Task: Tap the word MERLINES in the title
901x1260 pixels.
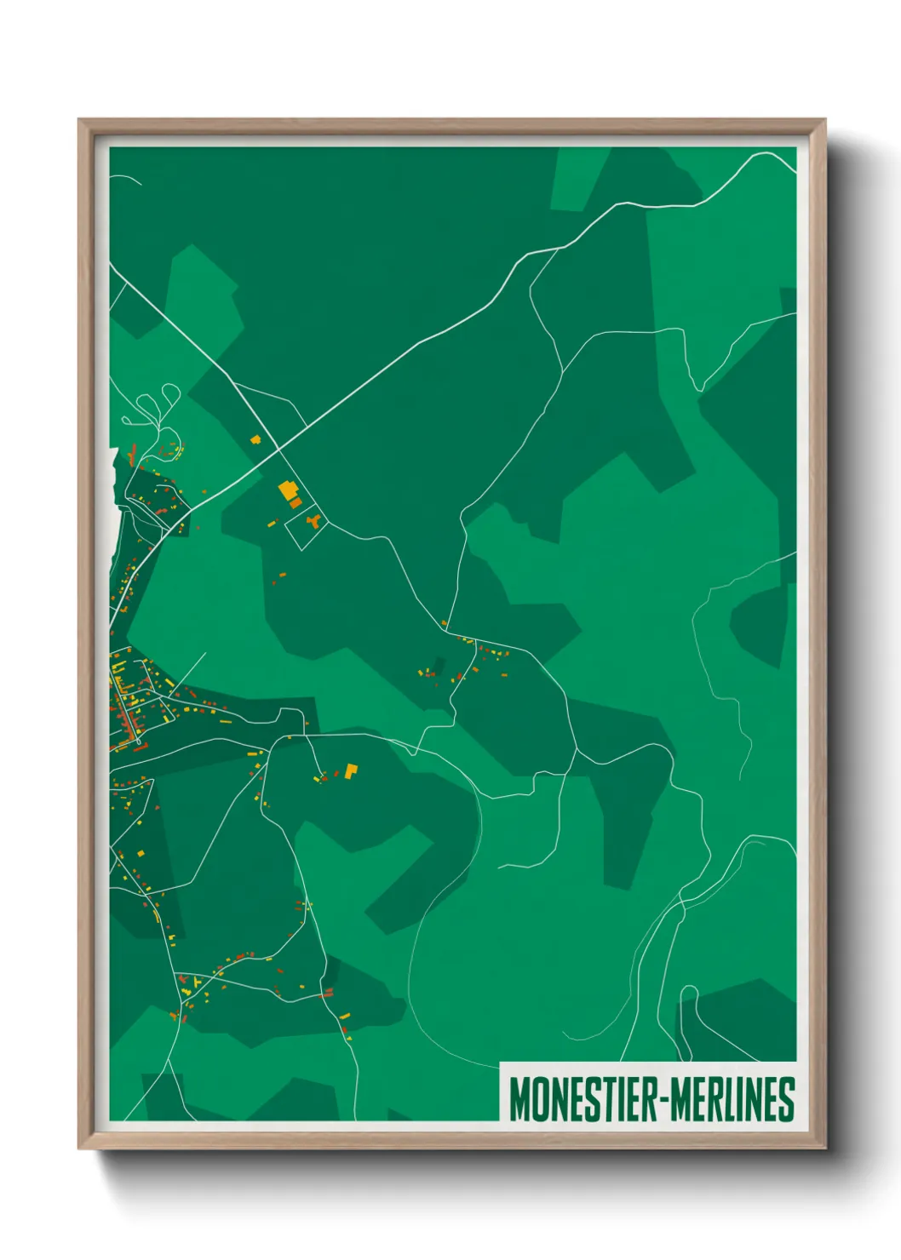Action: point(733,1099)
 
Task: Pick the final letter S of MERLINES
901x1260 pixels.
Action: point(787,1099)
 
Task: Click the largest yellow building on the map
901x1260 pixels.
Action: point(288,490)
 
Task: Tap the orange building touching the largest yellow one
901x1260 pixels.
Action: point(296,503)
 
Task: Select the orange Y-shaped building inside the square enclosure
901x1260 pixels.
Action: point(313,519)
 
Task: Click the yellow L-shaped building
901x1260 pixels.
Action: point(351,770)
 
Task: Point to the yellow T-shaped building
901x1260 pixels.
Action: point(198,982)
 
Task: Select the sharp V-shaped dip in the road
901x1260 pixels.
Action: point(698,387)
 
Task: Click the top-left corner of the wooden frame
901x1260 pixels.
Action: point(80,121)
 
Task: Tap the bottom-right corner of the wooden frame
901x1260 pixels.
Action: point(824,1148)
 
